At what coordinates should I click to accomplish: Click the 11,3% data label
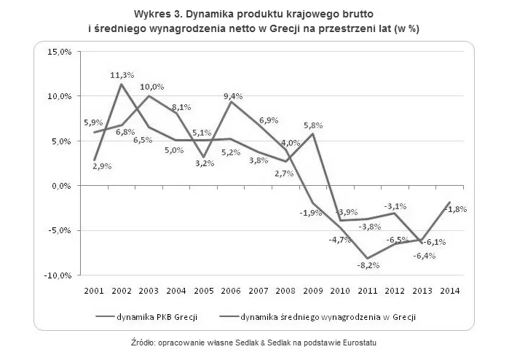122,75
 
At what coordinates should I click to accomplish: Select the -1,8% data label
455,208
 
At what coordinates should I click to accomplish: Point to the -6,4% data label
422,255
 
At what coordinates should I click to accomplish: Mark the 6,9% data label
267,120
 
